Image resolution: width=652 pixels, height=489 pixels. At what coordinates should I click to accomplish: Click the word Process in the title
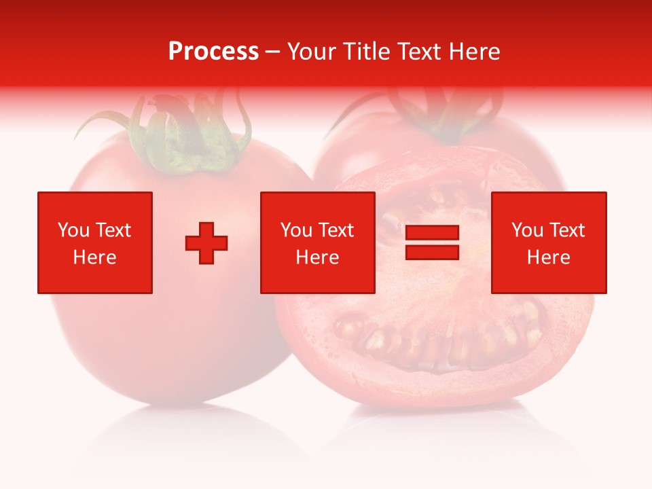[213, 52]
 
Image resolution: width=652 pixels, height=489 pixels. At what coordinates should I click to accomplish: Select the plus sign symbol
[206, 242]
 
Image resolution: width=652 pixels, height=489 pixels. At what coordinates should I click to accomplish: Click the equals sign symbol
[432, 242]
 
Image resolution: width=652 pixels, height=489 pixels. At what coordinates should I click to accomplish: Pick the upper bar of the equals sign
[432, 233]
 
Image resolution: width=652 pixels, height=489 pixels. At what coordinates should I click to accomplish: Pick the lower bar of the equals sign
[432, 252]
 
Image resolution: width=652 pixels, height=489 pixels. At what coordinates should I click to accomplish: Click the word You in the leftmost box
[73, 230]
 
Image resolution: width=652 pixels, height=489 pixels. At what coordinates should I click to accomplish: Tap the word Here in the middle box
[317, 257]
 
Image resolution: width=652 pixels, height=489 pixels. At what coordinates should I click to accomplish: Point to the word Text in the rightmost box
[567, 230]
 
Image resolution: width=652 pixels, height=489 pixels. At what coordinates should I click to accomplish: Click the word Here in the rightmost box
[548, 257]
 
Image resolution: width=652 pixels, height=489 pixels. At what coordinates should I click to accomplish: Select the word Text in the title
[420, 52]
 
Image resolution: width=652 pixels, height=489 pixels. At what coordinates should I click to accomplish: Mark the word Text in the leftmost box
[113, 230]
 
